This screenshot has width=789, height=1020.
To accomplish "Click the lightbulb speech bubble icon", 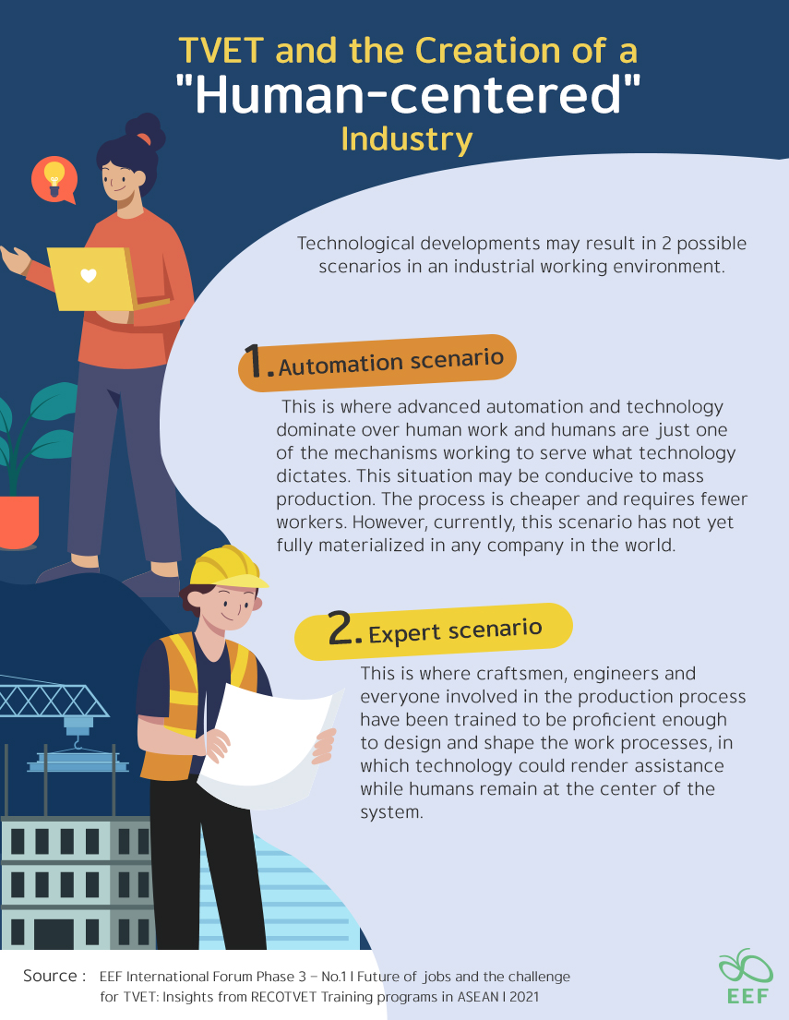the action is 54,180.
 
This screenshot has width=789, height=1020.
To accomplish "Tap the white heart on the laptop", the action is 89,275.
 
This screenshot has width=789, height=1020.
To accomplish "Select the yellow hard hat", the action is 227,567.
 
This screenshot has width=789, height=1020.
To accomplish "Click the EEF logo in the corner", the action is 747,977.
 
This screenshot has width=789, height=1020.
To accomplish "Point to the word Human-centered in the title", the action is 408,93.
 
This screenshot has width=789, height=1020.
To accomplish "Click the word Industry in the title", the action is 407,139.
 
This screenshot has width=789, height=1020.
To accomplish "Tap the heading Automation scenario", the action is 391,363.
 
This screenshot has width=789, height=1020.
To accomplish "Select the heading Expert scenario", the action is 455,630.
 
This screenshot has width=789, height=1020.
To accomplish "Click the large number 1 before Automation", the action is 254,361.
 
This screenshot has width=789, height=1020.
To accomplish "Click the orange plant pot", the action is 18,522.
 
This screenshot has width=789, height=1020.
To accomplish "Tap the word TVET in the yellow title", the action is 221,51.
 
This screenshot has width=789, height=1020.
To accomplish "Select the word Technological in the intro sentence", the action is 356,244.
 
